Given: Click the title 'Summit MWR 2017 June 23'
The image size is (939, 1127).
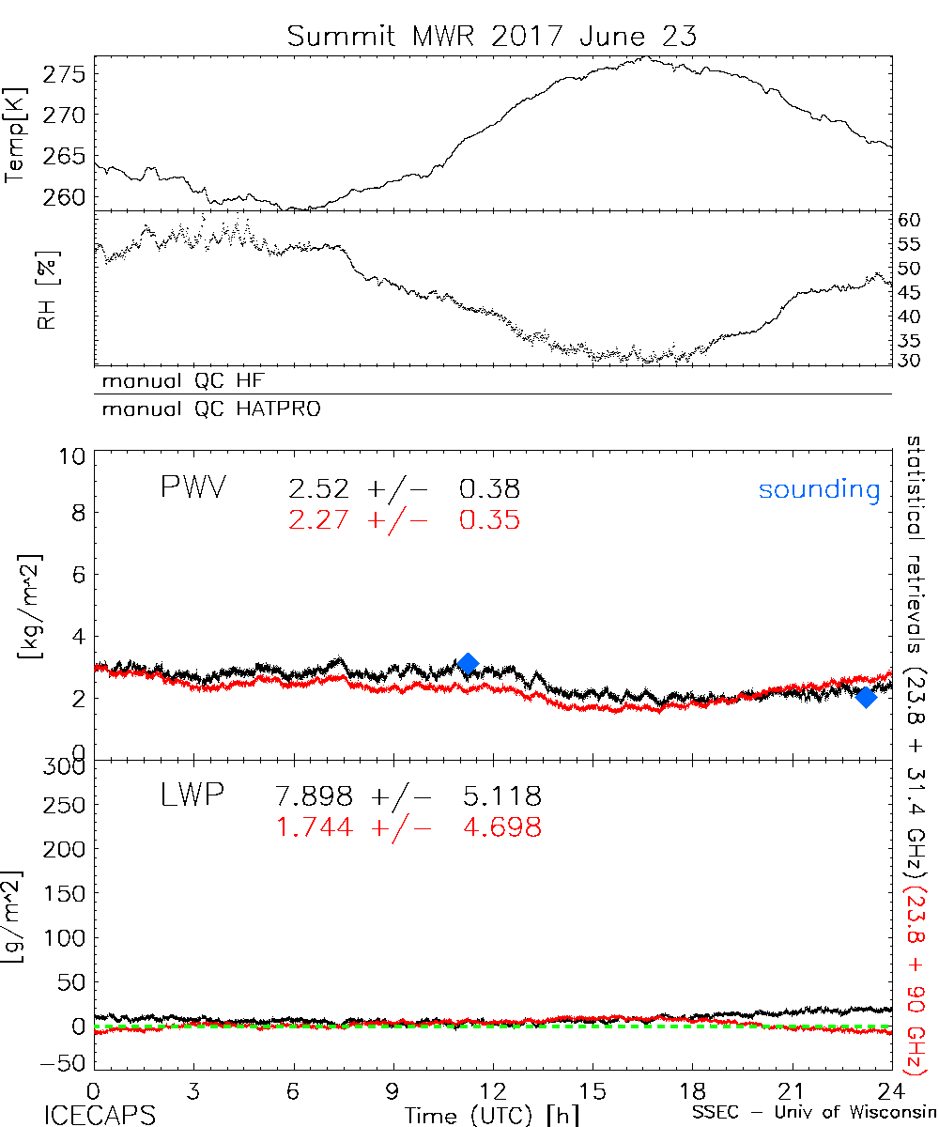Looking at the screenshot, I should tap(492, 38).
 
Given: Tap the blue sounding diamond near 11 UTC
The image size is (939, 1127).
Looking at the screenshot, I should tap(468, 664).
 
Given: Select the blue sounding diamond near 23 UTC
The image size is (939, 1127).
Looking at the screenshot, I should tap(866, 697).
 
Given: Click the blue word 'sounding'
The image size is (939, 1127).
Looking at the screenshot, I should tap(819, 489).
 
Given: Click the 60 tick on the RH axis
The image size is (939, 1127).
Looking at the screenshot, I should tap(909, 221).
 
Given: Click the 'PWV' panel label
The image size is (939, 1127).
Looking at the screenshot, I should tap(192, 488).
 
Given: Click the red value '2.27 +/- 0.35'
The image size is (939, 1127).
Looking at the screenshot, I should tap(404, 519).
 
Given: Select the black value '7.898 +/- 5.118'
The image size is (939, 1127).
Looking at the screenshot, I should tap(414, 797).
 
